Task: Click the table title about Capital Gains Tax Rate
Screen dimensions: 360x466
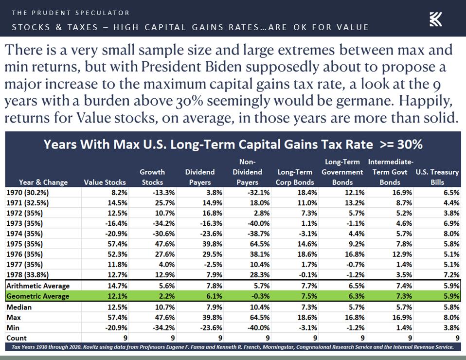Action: click(233, 144)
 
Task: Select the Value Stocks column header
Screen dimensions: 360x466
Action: click(105, 182)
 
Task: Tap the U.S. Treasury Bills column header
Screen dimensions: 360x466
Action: click(437, 177)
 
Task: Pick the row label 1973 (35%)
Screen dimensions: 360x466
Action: click(24, 223)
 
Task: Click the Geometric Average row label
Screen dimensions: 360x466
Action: click(38, 296)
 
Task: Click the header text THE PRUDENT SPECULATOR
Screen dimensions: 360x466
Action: click(71, 13)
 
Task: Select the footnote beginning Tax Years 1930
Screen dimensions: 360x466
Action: click(233, 347)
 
